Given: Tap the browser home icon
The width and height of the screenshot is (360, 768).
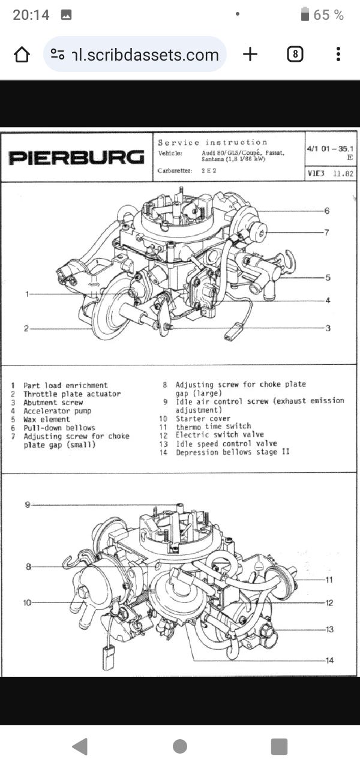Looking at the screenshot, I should [22, 55].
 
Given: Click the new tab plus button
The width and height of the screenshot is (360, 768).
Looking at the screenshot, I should [250, 55].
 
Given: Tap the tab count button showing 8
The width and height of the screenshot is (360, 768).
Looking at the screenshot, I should [295, 55].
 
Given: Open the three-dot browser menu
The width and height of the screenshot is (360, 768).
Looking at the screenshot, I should [338, 55].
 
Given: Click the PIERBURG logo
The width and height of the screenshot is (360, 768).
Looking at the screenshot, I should [76, 158].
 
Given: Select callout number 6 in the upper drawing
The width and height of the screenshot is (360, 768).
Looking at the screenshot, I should [327, 211].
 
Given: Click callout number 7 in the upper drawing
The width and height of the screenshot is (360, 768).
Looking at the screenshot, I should [327, 233].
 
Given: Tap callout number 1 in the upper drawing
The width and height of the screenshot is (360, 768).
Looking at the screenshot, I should [27, 294].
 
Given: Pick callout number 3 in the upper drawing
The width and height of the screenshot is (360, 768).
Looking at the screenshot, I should [328, 328].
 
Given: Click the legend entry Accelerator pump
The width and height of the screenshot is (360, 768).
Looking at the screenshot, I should [58, 411].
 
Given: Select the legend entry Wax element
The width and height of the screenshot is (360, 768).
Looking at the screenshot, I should [47, 419].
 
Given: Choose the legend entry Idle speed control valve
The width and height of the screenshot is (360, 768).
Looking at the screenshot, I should [226, 443].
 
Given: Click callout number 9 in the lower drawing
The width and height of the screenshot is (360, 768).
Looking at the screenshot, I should [27, 505].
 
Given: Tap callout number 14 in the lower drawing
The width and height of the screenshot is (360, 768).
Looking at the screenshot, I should [329, 661].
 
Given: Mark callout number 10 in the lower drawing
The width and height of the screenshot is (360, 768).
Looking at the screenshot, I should [27, 602].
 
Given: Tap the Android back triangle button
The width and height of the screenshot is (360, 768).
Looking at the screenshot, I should [79, 746].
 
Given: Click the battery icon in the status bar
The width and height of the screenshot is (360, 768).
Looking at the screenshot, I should [305, 14].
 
